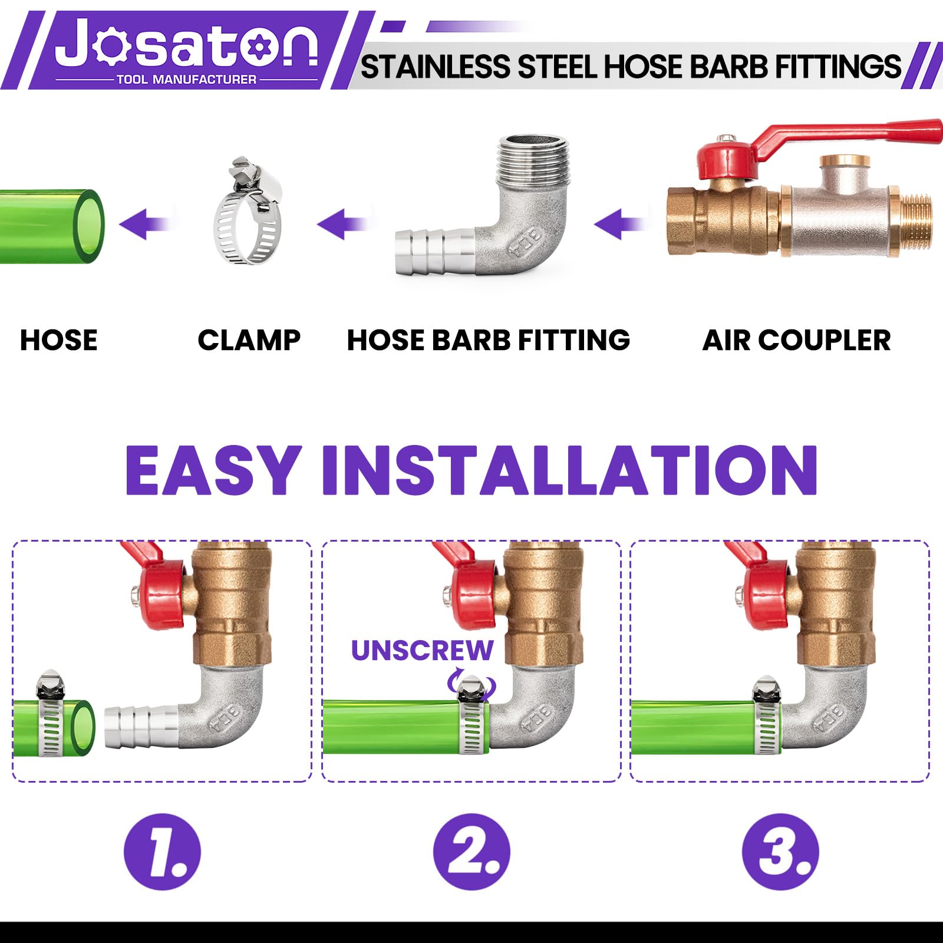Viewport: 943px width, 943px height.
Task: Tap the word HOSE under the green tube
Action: click(59, 340)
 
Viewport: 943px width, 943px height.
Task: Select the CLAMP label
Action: click(249, 340)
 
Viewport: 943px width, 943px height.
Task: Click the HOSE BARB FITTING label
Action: click(489, 340)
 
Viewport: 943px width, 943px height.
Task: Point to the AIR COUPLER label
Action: click(797, 340)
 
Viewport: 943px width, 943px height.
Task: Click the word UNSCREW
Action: click(422, 651)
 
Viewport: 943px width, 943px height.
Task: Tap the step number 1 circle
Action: click(162, 852)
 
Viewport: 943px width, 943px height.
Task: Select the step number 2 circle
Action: click(471, 852)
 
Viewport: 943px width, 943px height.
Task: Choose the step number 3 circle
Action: click(780, 852)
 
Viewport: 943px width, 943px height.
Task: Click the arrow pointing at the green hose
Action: click(144, 224)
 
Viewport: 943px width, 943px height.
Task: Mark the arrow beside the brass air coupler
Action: click(621, 224)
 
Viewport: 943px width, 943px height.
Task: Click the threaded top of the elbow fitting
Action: click(533, 159)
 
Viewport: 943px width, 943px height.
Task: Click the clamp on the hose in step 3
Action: click(766, 716)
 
